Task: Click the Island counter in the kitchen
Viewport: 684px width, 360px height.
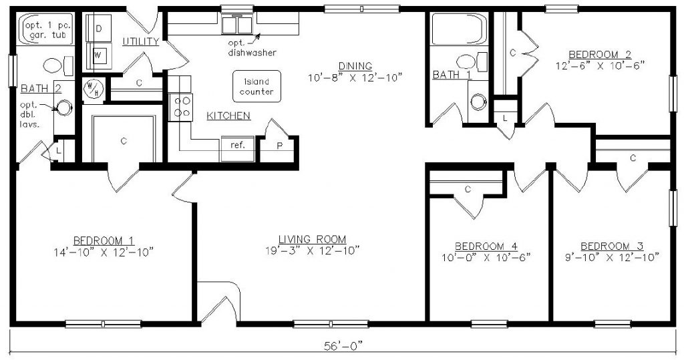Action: coord(256,86)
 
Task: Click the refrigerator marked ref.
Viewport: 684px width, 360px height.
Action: coord(237,145)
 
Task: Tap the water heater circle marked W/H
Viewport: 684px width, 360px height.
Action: coord(91,87)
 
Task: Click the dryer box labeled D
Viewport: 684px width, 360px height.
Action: coord(98,29)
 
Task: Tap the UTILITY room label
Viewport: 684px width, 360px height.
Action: coord(141,41)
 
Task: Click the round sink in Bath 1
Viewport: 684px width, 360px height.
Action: coord(477,102)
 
